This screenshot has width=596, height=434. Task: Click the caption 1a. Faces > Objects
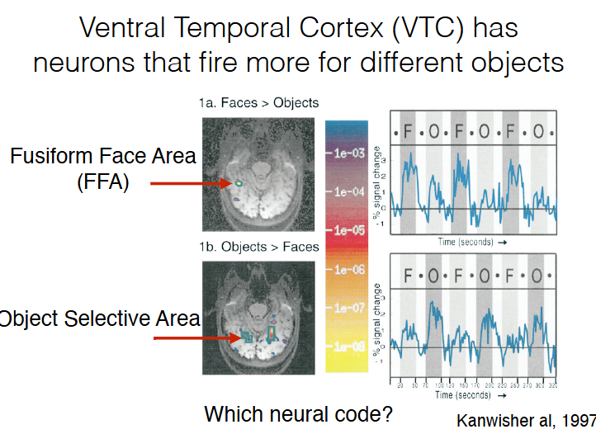coord(258,103)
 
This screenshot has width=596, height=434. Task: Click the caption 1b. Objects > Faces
coord(258,246)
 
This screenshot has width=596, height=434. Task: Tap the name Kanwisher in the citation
coord(495,418)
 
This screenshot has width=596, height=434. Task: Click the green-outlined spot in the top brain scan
coord(238,183)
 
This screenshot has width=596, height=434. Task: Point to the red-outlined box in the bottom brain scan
coord(271,333)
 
